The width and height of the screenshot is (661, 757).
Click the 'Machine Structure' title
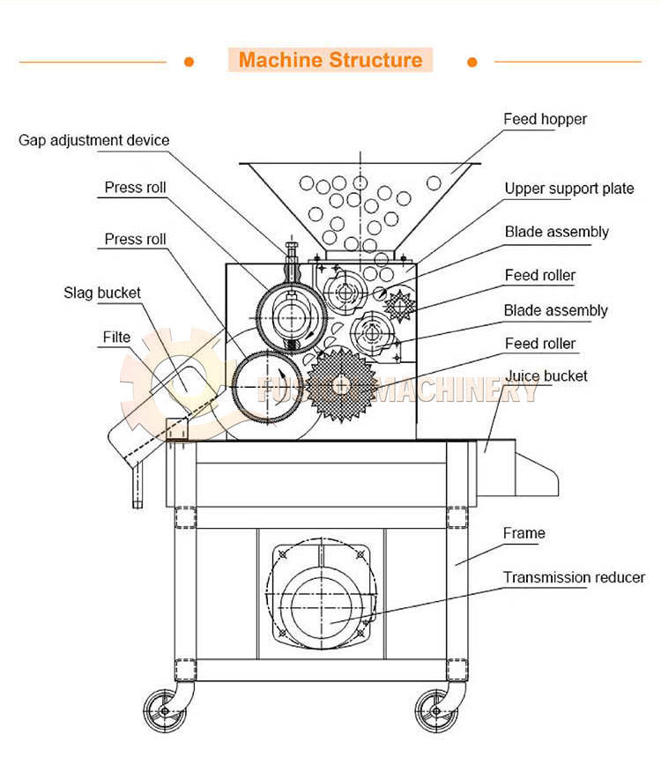click(x=330, y=61)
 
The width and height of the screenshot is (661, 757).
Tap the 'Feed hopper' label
click(x=545, y=119)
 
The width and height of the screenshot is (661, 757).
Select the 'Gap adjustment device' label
click(x=94, y=140)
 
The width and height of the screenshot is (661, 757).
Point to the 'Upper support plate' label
click(x=568, y=189)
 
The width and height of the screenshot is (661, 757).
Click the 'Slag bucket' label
click(x=102, y=293)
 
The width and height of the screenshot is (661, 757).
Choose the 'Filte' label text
click(x=116, y=337)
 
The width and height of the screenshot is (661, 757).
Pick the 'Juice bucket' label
click(x=546, y=376)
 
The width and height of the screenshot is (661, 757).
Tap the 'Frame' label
click(x=524, y=533)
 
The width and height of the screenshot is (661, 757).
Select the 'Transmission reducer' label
click(x=574, y=578)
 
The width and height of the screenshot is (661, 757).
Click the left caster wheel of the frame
click(x=162, y=709)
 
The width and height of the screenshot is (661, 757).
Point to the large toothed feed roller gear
click(x=342, y=383)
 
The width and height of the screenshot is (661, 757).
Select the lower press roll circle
click(x=267, y=384)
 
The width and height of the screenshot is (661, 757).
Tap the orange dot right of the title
click(x=472, y=62)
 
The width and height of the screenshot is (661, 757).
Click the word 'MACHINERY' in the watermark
click(x=458, y=389)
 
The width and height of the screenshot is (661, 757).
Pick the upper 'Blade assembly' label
click(x=556, y=232)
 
